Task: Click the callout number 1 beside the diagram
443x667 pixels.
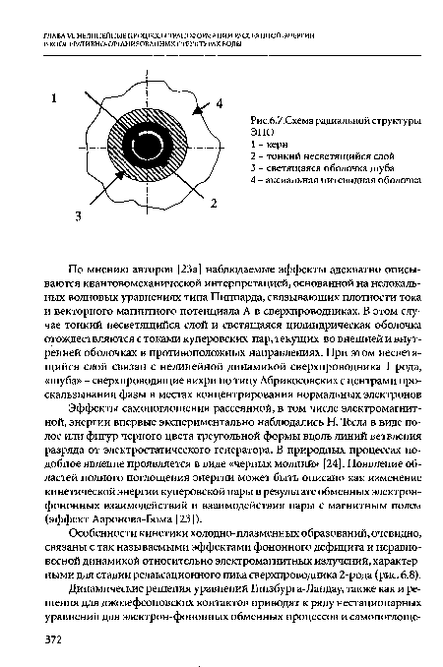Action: (56, 98)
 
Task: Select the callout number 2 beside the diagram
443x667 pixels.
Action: (213, 201)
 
